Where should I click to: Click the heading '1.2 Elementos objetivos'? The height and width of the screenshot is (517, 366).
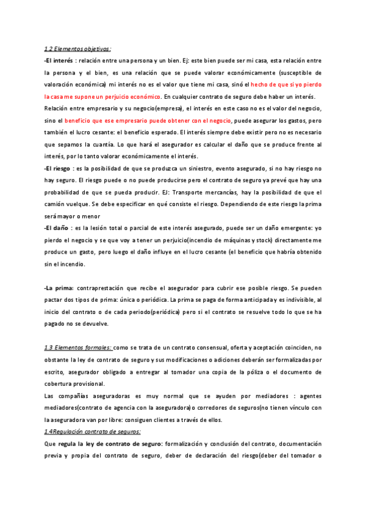coord(77,49)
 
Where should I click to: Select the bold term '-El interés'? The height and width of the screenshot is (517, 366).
coord(59,61)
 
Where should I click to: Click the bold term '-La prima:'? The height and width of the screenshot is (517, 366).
coord(59,287)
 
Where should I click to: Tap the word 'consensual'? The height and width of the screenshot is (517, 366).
coord(185,348)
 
